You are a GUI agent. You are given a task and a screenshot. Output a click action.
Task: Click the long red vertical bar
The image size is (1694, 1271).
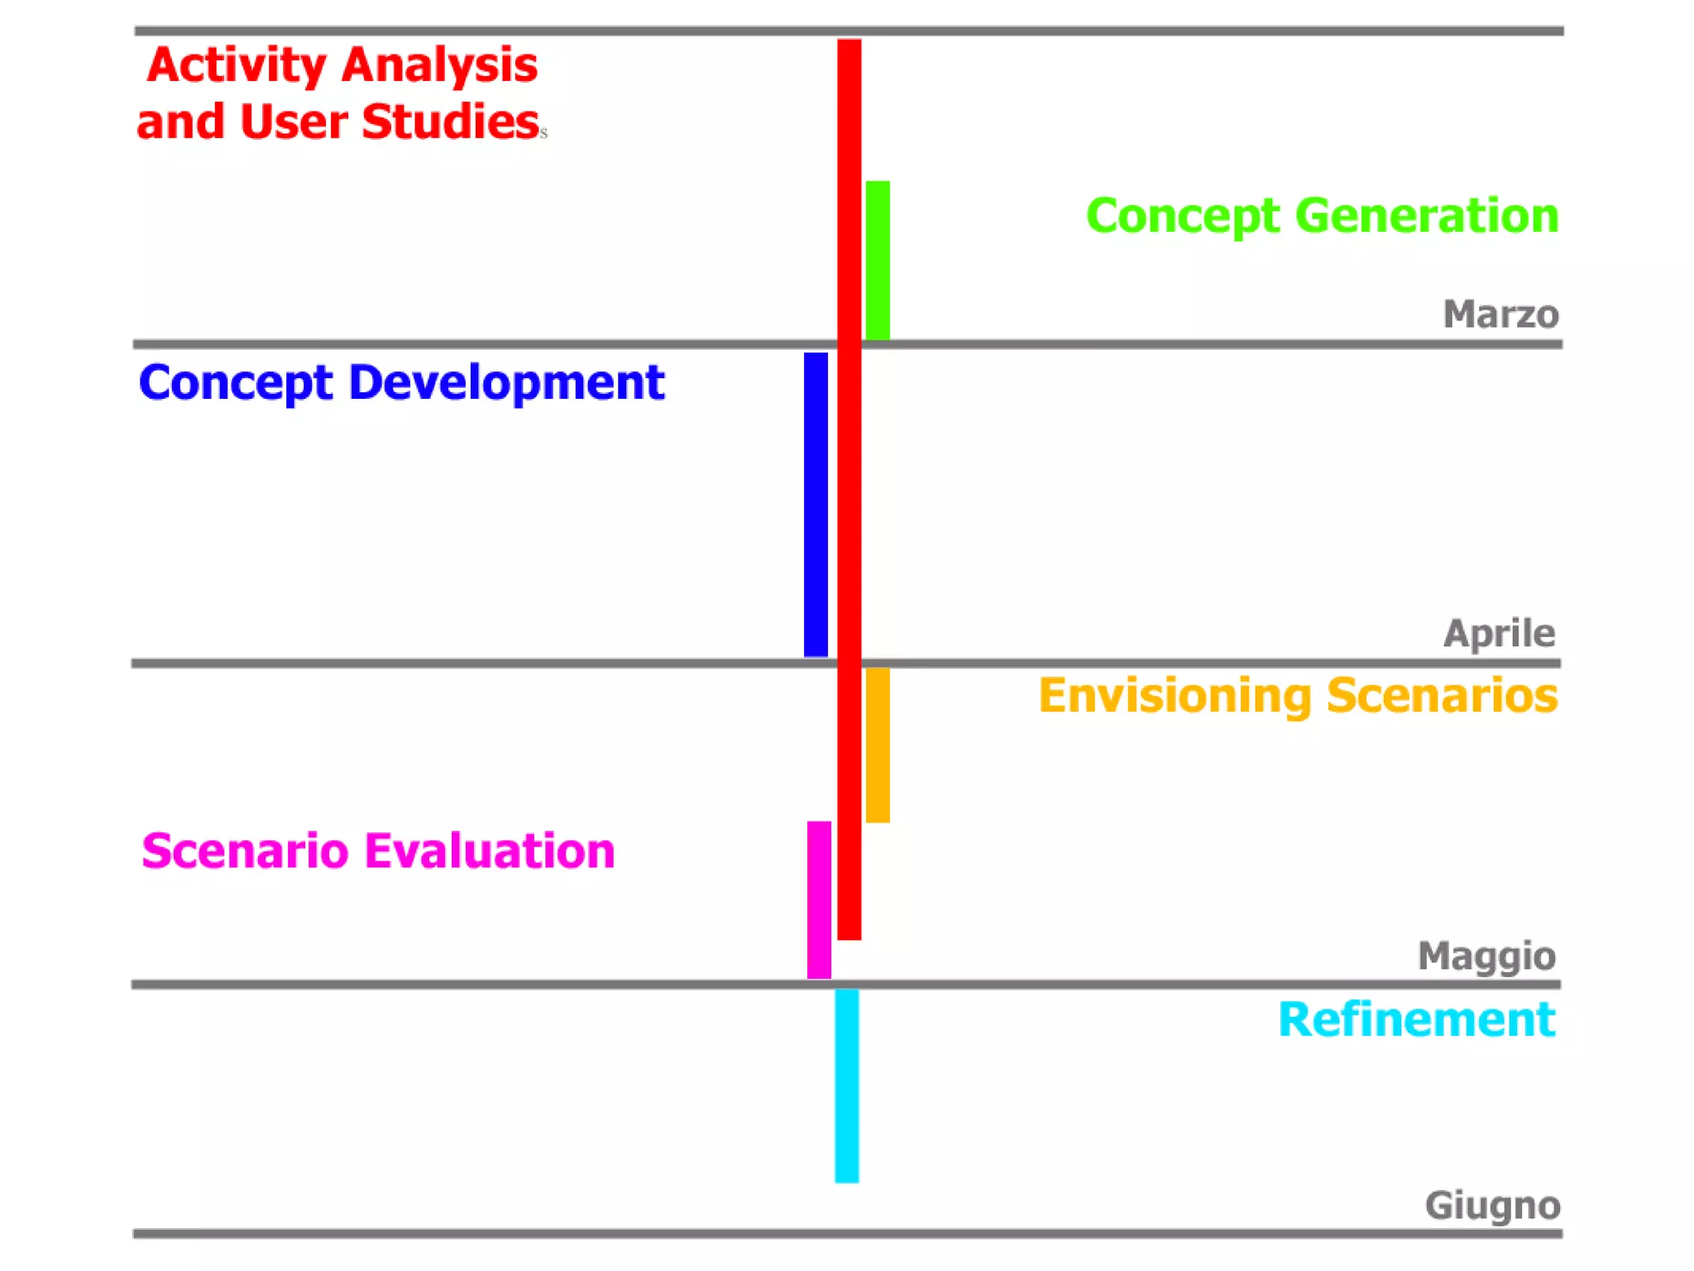coord(849,488)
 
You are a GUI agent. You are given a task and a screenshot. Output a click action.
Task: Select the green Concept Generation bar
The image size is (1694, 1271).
coord(877,260)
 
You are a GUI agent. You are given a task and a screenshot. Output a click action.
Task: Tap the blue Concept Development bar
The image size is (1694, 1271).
coord(816,505)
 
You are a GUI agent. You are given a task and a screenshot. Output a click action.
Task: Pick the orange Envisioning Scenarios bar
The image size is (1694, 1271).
coord(877,745)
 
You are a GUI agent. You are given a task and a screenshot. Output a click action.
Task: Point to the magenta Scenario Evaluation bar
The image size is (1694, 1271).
coord(819,899)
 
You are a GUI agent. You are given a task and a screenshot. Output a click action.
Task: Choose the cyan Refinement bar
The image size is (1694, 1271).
coord(846,1086)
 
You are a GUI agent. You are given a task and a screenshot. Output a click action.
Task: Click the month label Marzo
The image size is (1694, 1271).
coord(1500,314)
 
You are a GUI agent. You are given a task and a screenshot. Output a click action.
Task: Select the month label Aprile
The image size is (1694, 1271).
coord(1499,633)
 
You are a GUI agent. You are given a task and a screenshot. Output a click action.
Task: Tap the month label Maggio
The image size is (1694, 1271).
coord(1486,957)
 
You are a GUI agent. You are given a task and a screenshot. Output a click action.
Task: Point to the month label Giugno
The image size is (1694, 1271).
coord(1492,1206)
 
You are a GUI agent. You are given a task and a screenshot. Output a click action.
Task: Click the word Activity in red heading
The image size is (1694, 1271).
coord(237,66)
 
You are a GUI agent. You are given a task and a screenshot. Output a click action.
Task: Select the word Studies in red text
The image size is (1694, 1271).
coord(451,122)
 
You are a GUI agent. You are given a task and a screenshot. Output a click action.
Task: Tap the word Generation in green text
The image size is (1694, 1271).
coord(1427,216)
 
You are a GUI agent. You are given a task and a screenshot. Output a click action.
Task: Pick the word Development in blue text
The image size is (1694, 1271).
coord(506,383)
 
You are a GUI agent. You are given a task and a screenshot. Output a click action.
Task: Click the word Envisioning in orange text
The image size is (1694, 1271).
coord(1175,695)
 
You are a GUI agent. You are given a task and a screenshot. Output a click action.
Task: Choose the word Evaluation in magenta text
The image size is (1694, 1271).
coord(490,851)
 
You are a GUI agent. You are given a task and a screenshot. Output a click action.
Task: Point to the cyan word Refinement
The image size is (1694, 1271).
coord(1416,1019)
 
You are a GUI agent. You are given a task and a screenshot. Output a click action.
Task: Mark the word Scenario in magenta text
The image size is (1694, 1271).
coord(245,851)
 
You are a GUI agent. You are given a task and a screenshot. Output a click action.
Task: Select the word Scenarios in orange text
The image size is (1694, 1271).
coord(1442,695)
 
